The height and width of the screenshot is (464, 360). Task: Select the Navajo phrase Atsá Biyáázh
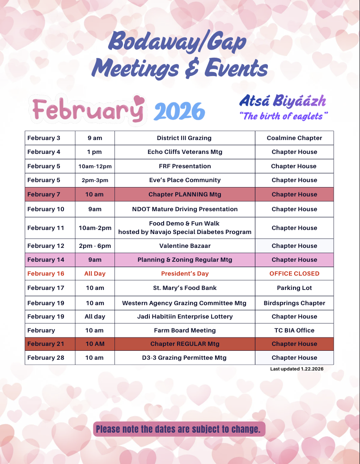(283, 101)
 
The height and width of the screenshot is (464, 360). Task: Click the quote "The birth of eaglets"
(284, 116)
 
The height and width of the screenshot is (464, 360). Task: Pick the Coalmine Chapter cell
(294, 138)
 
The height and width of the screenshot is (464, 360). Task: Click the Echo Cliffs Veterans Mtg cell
(185, 152)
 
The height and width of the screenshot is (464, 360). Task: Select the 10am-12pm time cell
(95, 166)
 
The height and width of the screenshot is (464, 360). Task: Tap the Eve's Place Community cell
(185, 180)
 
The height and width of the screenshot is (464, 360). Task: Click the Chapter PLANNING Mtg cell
(185, 194)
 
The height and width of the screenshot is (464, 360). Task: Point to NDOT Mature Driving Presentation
(185, 209)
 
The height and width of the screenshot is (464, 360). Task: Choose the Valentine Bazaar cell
(185, 246)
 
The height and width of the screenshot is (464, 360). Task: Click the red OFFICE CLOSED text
(294, 273)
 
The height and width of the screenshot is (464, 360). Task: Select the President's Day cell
(185, 273)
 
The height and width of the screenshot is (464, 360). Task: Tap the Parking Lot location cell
(294, 288)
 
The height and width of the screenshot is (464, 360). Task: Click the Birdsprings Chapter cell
(294, 303)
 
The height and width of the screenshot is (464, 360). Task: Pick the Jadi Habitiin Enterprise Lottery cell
(185, 316)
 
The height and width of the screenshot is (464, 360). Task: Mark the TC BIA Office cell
(294, 330)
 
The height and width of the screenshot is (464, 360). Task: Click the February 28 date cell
(46, 358)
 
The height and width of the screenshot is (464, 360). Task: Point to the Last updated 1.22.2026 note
(296, 369)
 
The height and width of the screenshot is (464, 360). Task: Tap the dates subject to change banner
(178, 429)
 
